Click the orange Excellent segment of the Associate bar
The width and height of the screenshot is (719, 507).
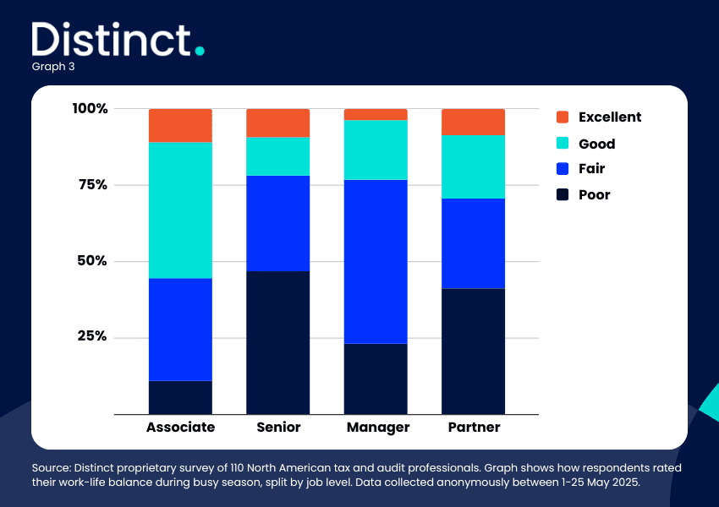pos(180,126)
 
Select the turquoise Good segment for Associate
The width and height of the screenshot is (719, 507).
pos(180,210)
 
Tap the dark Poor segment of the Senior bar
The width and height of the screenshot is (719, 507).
pos(278,342)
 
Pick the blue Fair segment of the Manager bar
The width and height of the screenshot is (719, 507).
pos(376,261)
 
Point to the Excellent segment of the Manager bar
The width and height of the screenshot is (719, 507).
pos(376,115)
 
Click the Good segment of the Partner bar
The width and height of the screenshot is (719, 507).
pos(473,166)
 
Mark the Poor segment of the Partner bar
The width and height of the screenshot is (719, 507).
pos(473,352)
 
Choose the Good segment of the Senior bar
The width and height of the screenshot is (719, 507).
pos(278,156)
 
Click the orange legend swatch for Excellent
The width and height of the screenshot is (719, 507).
pos(563,117)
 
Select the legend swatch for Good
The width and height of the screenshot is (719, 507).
pos(563,144)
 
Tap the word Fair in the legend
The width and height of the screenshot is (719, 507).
pos(591,168)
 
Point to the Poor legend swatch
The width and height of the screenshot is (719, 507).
pos(563,194)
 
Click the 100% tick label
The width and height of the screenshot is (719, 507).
pos(90,108)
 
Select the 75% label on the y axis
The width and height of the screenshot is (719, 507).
pos(93,184)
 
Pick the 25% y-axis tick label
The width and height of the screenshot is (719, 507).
pos(92,335)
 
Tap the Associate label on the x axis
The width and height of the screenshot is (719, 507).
pos(181,427)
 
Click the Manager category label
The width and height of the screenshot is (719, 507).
pos(378,428)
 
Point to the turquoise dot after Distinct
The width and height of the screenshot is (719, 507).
pos(200,51)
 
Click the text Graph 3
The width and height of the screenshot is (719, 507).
pos(53,67)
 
